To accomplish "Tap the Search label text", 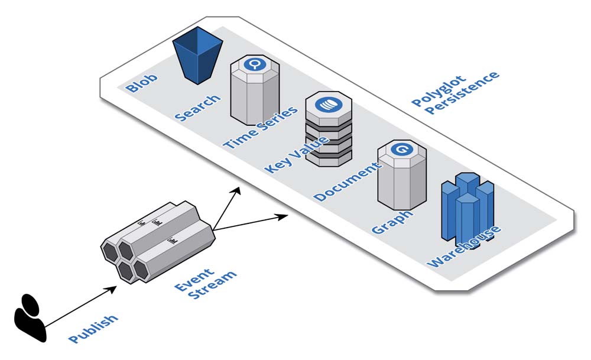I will (x=197, y=107).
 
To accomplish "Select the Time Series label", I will (x=260, y=128).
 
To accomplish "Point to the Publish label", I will (x=93, y=329).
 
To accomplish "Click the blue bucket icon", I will (x=197, y=59).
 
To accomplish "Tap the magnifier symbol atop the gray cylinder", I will (x=255, y=64).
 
